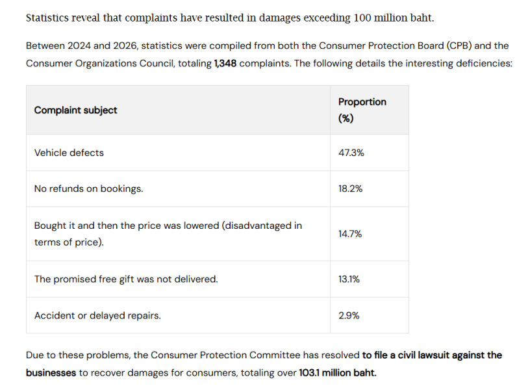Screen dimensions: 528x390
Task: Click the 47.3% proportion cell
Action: [351, 153]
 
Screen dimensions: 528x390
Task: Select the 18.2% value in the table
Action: [350, 188]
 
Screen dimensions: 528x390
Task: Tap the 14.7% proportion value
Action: [350, 233]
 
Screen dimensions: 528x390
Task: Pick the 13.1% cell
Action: [349, 279]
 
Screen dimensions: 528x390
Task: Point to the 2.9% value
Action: [349, 315]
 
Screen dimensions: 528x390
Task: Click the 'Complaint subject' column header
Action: [75, 110]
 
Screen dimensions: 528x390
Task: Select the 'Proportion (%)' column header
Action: [362, 110]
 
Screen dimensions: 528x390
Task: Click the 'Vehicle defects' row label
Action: [69, 153]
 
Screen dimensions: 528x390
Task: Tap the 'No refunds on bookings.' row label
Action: [88, 188]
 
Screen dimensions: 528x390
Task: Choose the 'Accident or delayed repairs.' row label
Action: [97, 315]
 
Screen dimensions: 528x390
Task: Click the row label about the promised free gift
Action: [126, 279]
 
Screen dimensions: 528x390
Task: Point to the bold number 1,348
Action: [225, 63]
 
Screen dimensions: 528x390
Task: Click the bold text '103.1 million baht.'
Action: [338, 372]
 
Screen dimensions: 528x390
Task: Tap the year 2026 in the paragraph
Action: [125, 45]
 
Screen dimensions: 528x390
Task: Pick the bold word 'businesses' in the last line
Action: [51, 372]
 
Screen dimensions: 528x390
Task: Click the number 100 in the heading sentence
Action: [362, 18]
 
